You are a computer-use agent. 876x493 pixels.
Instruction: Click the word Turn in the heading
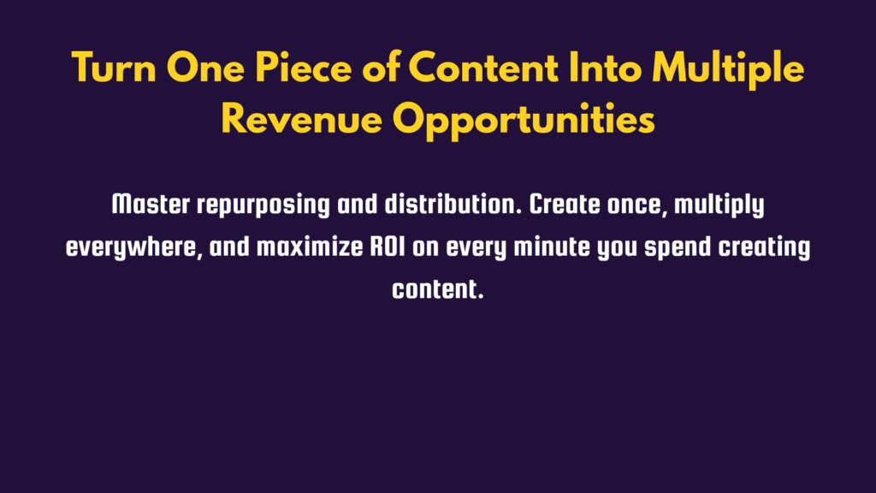114,68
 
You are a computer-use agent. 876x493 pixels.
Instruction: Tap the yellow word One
205,68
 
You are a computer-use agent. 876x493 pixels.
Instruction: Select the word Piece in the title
304,68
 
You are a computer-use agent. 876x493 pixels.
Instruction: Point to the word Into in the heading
605,68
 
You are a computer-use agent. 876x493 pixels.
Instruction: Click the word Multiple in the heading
728,70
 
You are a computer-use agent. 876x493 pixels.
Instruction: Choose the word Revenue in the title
302,119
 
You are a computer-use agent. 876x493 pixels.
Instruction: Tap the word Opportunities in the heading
524,122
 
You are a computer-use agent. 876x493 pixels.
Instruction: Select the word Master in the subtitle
151,205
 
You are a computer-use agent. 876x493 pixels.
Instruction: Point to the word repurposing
263,206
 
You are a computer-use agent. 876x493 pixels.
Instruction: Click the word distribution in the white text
453,205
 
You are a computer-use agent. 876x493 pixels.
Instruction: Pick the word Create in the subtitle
565,205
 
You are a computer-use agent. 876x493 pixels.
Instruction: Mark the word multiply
719,206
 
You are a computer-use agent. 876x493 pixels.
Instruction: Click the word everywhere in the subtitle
134,248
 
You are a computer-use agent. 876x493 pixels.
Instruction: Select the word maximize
310,247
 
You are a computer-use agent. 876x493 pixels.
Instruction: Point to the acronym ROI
388,247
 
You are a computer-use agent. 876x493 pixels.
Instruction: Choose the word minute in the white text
552,247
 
